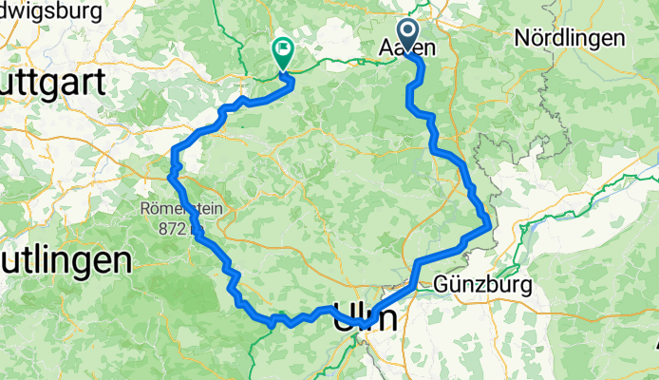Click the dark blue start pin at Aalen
click(x=409, y=35)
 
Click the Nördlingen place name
click(x=570, y=39)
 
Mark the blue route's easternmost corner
click(x=488, y=224)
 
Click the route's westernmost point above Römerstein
click(x=171, y=175)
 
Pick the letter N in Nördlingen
click(x=521, y=39)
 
